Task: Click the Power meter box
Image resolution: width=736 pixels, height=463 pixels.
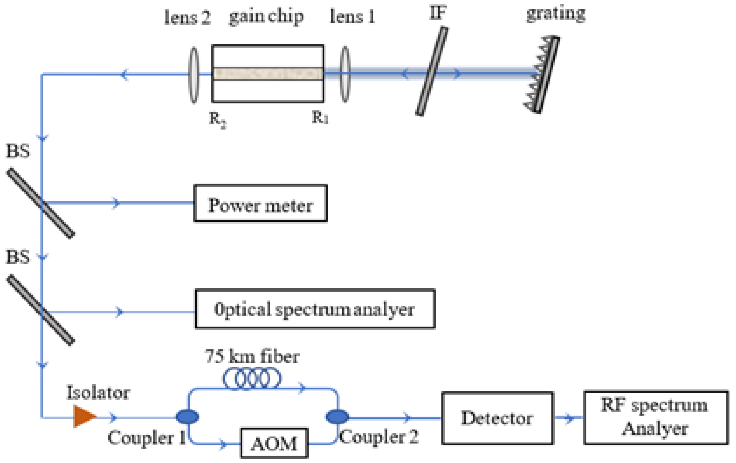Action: tap(261, 203)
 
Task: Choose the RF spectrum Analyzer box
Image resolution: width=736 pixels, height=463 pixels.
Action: tap(655, 417)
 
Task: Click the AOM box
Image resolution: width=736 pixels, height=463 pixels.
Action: tap(274, 443)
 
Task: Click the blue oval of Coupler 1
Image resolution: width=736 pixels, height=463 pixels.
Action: tap(187, 416)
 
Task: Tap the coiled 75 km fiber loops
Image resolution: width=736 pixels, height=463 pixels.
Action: tap(252, 378)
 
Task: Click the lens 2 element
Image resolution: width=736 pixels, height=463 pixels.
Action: tap(194, 75)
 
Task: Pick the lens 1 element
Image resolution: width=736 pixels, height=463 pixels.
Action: tap(345, 74)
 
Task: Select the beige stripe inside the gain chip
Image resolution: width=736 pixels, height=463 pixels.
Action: tap(268, 74)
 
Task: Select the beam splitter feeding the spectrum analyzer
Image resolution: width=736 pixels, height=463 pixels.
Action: tap(41, 310)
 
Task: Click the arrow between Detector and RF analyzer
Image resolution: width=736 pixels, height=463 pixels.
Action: tap(568, 417)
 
